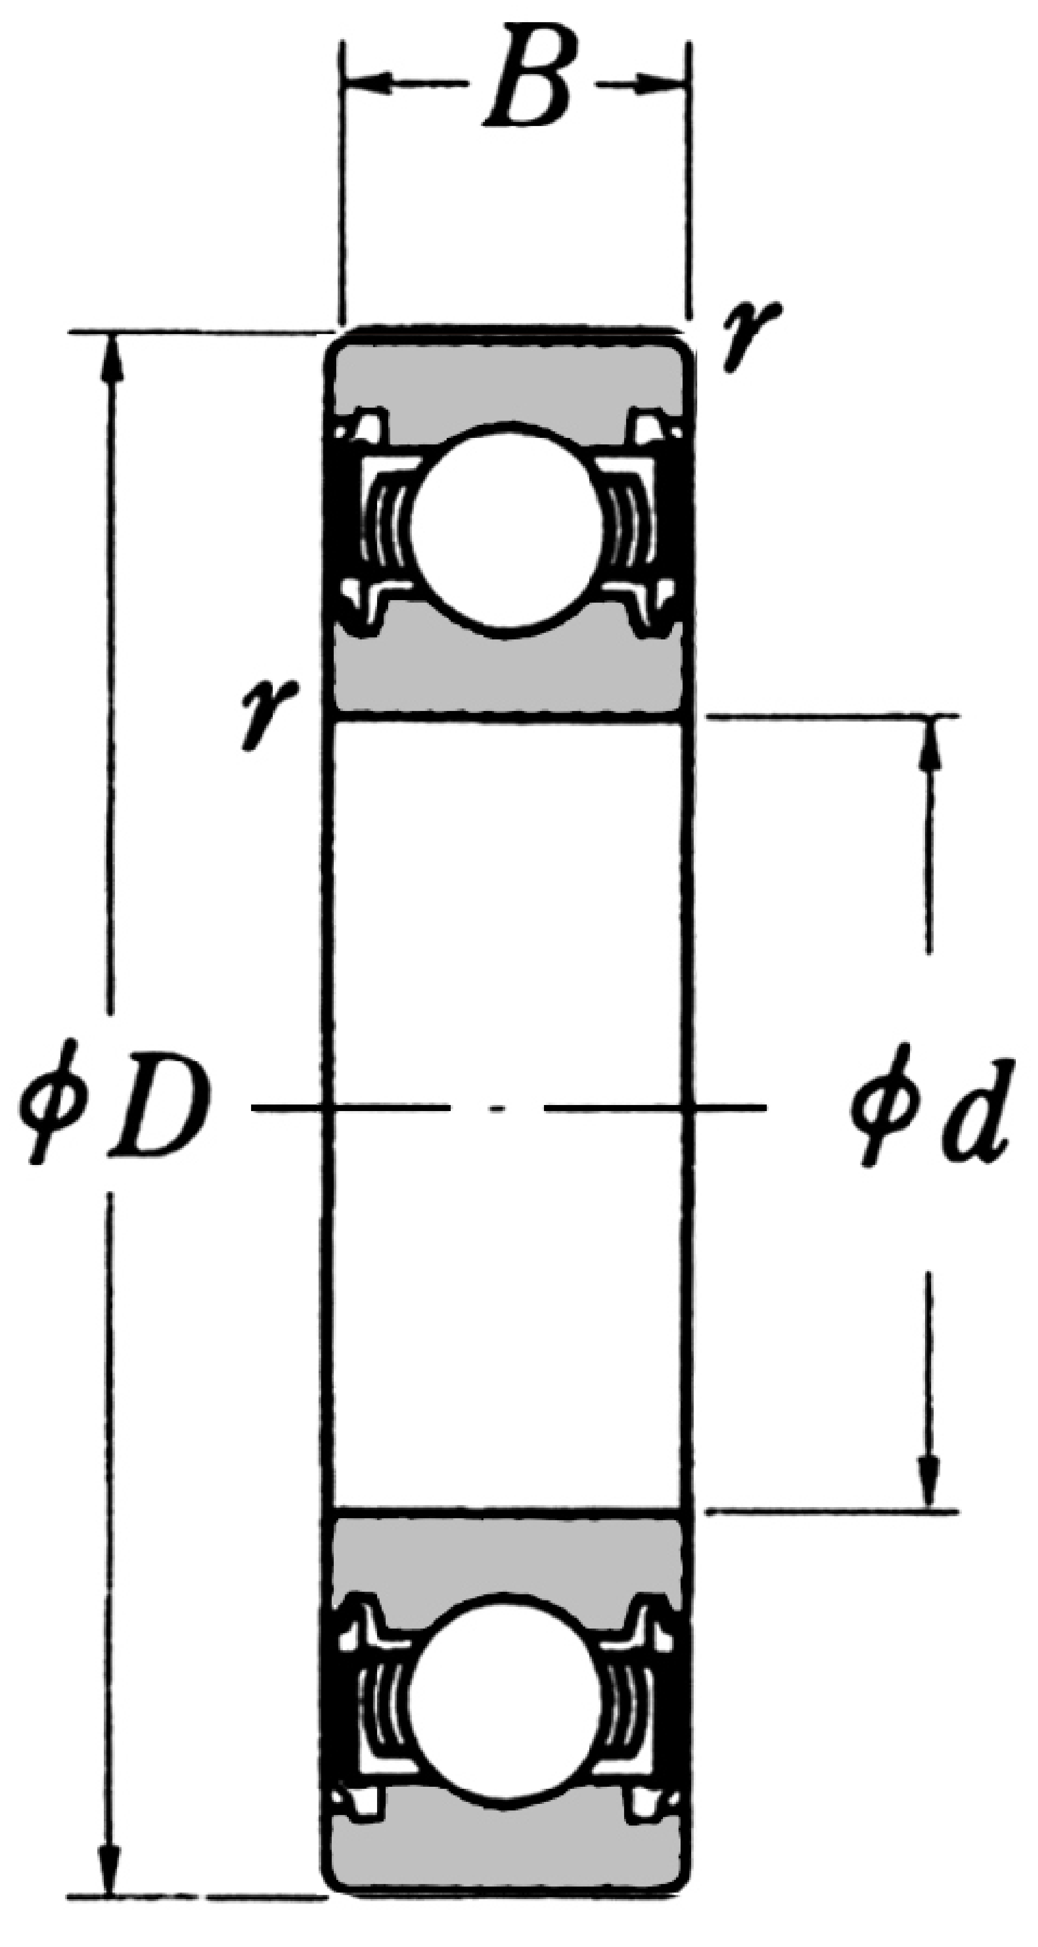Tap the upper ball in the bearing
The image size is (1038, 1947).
(x=508, y=529)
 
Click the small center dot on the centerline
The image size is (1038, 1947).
(x=497, y=1109)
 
